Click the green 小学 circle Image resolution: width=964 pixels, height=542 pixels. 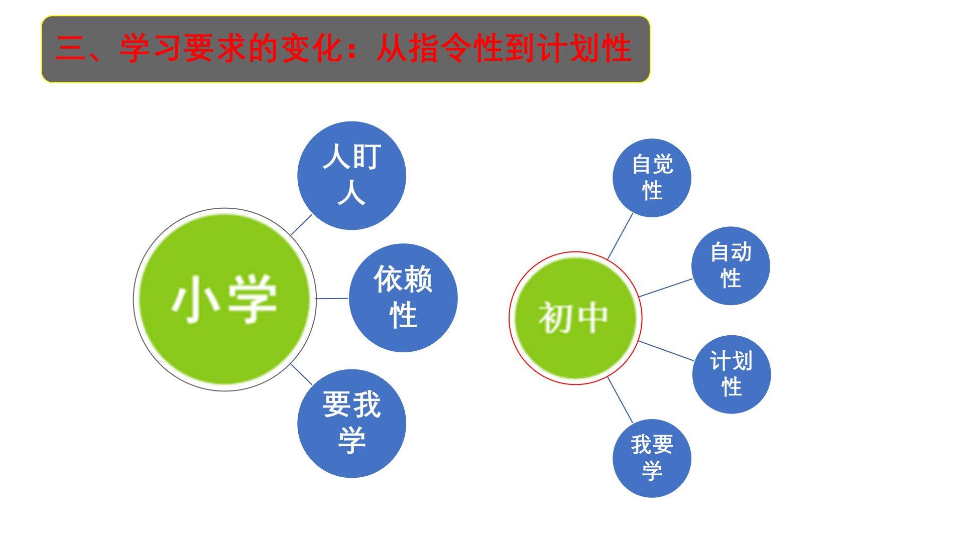tap(224, 299)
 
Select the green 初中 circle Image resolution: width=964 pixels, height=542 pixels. tap(575, 318)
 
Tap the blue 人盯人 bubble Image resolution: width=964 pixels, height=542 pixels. tap(351, 176)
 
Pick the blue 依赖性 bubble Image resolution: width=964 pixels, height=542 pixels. tap(403, 298)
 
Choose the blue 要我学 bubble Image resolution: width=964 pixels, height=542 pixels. tap(351, 424)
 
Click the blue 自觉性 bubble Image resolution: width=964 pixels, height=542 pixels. tap(652, 178)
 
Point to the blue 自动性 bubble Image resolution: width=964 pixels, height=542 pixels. tap(731, 265)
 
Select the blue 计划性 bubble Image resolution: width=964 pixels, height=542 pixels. tap(732, 374)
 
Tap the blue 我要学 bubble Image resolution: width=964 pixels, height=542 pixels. tap(652, 458)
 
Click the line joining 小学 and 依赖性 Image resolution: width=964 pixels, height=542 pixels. tap(332, 299)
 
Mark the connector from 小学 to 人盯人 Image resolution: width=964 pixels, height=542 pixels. tap(301, 225)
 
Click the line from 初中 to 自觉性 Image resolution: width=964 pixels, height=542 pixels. tap(620, 236)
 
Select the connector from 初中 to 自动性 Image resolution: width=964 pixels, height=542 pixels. tap(666, 288)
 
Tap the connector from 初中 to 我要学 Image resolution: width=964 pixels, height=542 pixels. tap(621, 400)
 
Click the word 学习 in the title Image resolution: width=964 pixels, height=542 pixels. tap(152, 49)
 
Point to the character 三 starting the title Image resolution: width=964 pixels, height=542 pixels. tap(71, 49)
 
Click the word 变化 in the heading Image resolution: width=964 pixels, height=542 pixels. tap(313, 49)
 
